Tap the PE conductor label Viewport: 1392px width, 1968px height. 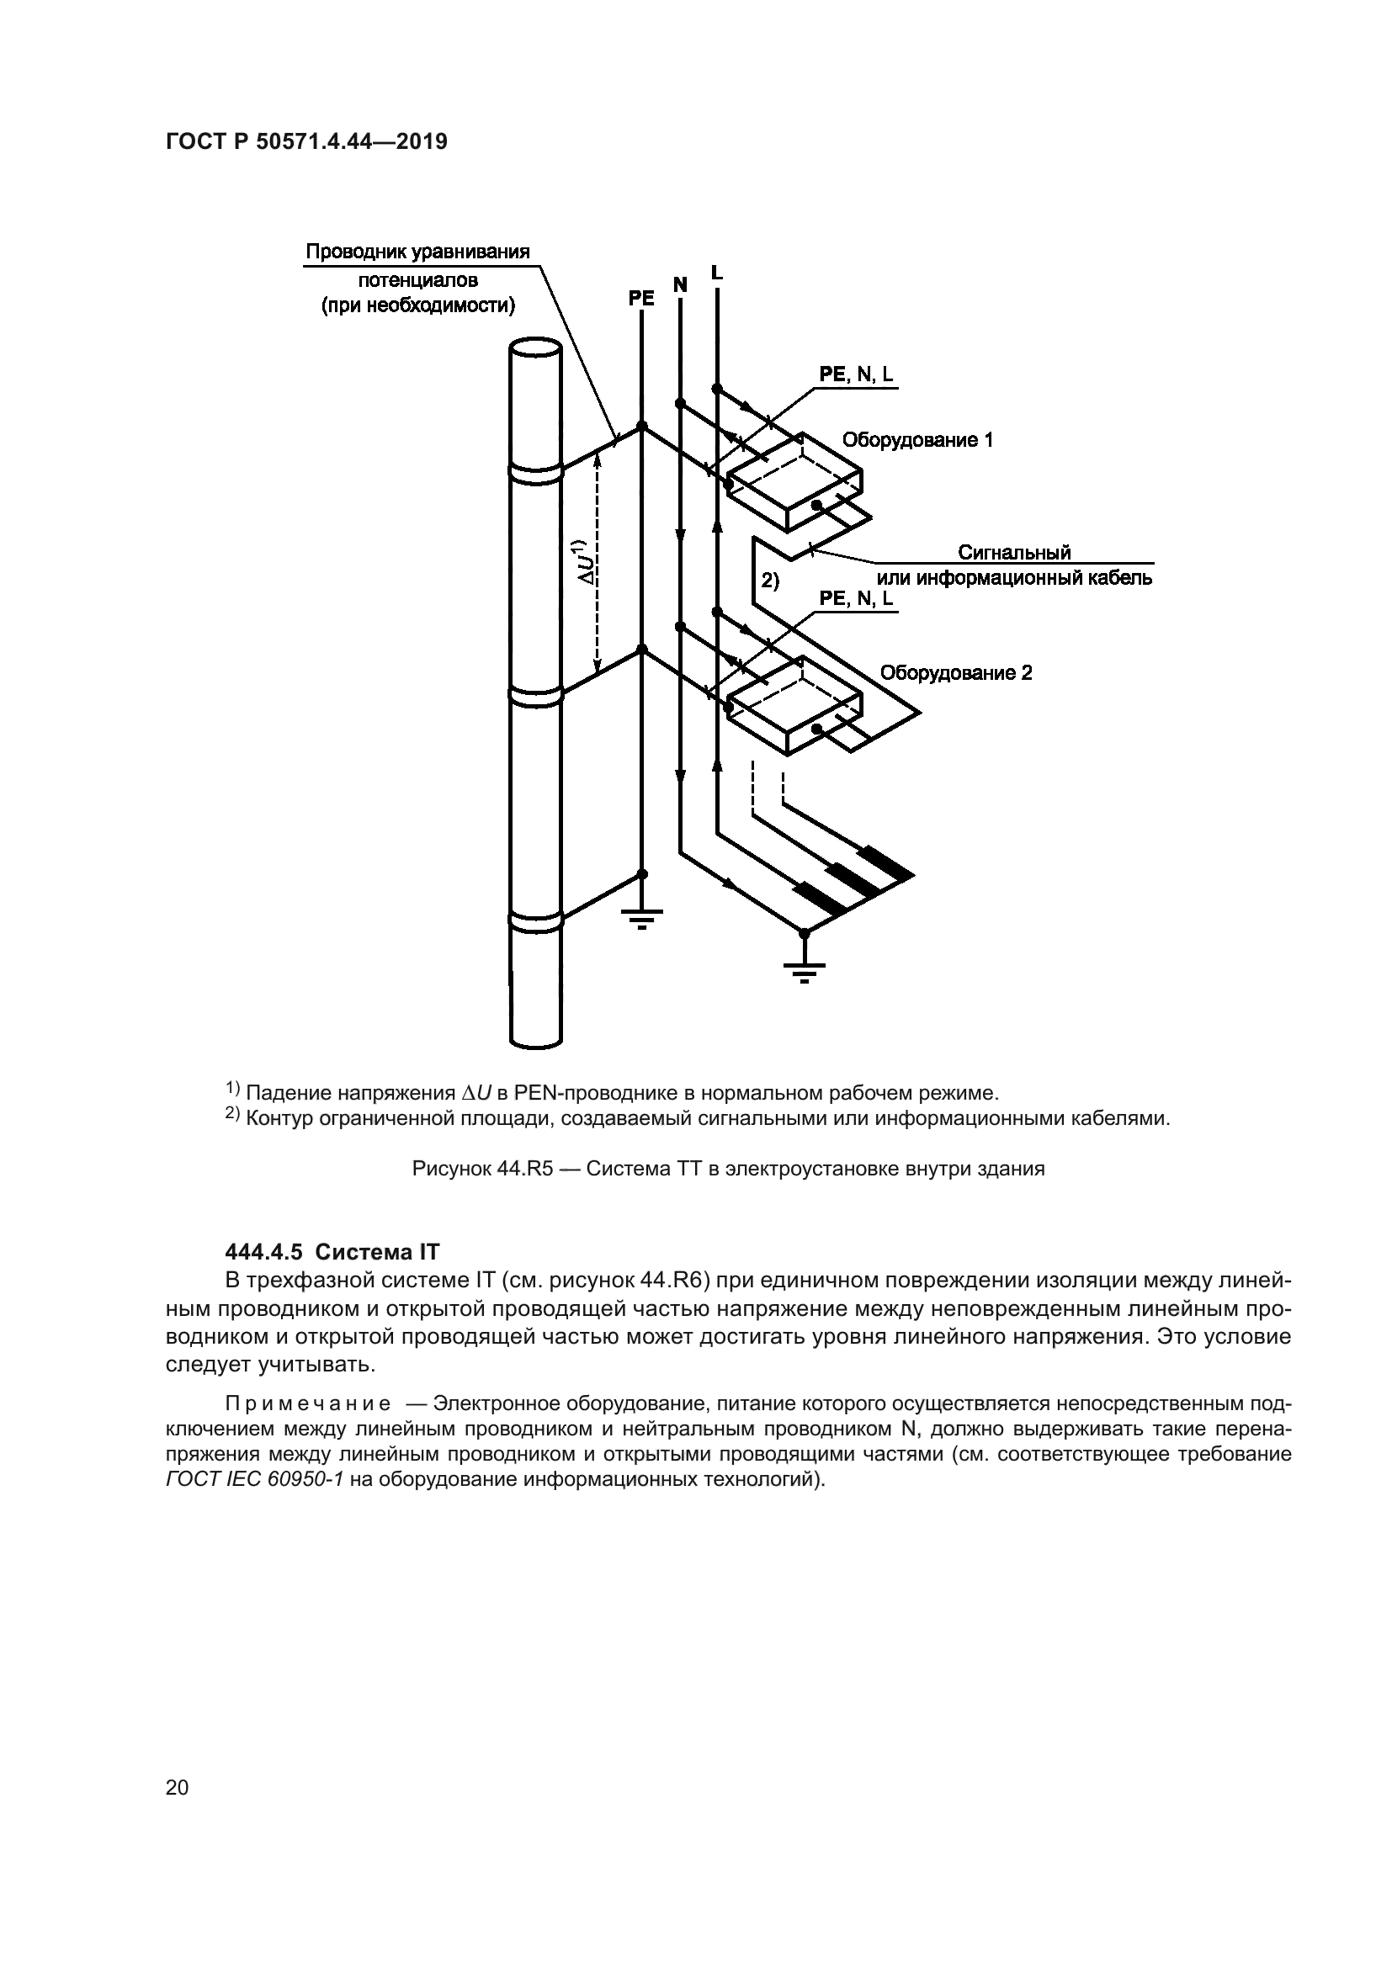point(640,299)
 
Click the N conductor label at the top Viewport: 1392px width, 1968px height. point(680,284)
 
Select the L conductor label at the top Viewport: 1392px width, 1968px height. point(716,273)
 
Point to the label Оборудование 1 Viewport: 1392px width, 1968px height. point(917,441)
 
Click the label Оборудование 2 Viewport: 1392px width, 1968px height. point(956,673)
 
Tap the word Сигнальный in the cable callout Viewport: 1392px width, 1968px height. point(1014,553)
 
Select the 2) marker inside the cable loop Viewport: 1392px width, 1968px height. point(770,581)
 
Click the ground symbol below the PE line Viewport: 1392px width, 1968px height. point(642,922)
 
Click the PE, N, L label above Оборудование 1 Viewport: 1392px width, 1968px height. point(855,374)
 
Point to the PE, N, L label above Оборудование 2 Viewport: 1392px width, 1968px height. point(855,598)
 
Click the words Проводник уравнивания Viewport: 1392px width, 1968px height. point(417,252)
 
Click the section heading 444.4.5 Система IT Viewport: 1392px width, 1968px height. point(332,1252)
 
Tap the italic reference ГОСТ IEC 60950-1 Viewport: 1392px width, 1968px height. point(253,1480)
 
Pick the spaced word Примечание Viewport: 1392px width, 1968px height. point(308,1404)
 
